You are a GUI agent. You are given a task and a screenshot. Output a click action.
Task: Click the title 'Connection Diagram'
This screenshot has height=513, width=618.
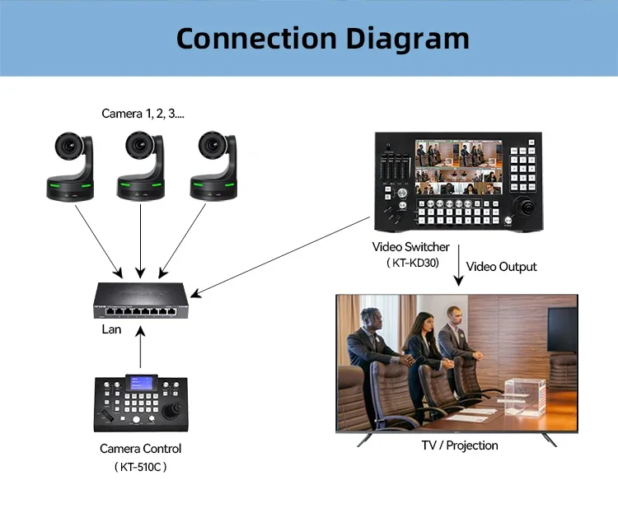point(322,38)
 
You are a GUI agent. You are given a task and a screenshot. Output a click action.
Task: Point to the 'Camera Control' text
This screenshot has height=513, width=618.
point(140,449)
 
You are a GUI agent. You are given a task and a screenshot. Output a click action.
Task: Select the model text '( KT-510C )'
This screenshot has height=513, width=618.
point(140,467)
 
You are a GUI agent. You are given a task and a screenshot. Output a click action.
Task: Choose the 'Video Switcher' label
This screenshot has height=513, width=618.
point(410,247)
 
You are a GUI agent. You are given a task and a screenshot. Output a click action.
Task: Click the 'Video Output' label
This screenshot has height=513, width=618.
point(501,266)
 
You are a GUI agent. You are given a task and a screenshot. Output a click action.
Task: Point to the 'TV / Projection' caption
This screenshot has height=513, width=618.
point(460,445)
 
